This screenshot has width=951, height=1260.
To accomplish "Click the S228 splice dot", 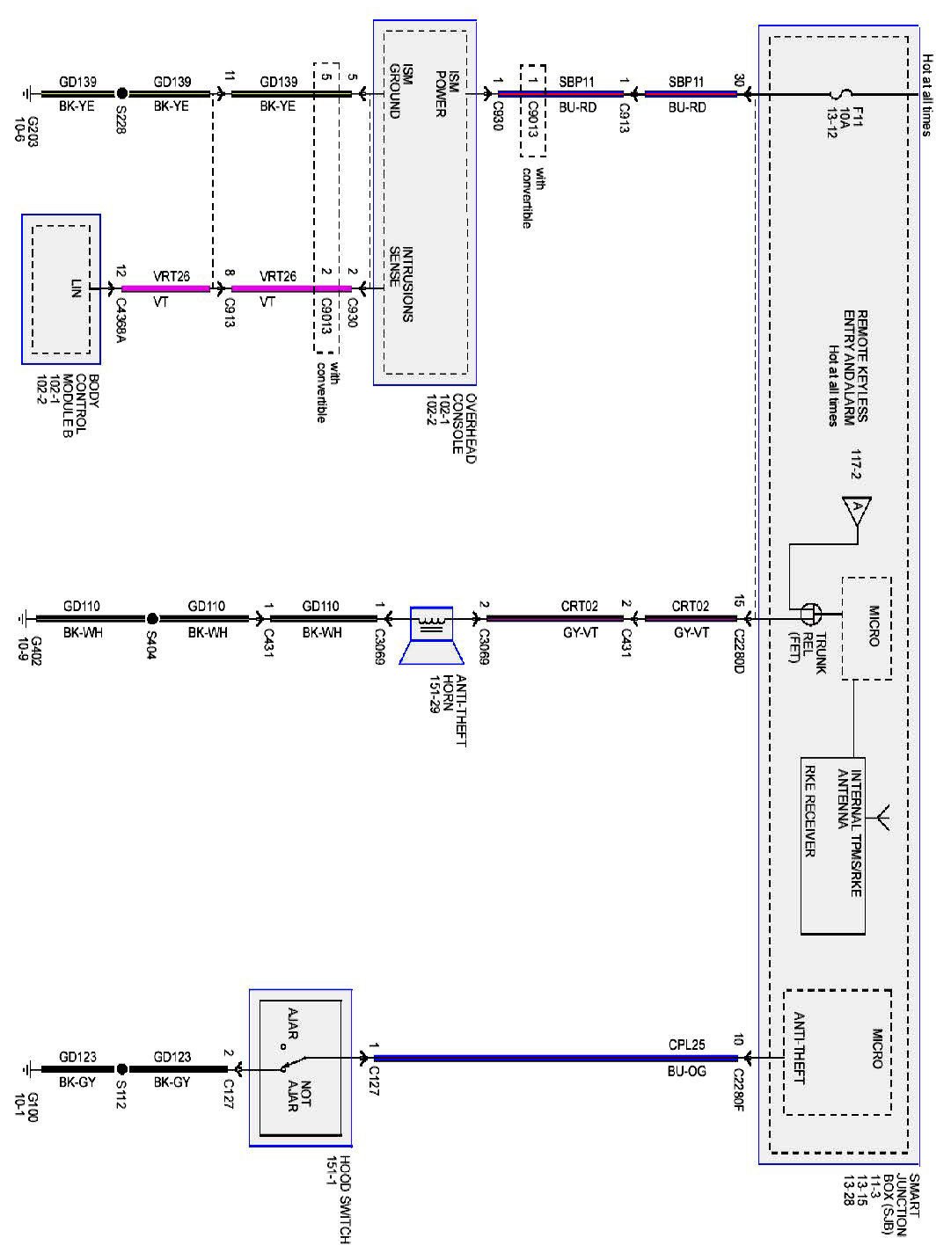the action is click(x=121, y=93).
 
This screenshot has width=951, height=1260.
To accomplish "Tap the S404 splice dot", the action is click(x=152, y=618).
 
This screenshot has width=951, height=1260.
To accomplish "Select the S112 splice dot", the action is click(x=121, y=1069).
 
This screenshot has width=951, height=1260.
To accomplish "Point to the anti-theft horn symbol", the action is click(x=431, y=634).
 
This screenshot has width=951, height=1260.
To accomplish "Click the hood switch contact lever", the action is click(x=295, y=1062).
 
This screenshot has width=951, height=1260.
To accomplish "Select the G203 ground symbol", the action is click(x=26, y=93).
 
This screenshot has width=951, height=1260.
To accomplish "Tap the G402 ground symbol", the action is click(x=22, y=618).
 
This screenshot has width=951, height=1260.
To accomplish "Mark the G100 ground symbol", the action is click(x=26, y=1069).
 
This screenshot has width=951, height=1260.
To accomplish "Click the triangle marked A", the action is click(x=857, y=509).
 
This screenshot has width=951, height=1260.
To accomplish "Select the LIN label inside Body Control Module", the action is click(x=76, y=288).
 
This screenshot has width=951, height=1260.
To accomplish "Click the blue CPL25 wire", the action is click(x=555, y=1058).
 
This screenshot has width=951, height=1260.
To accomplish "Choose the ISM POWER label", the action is click(x=448, y=93).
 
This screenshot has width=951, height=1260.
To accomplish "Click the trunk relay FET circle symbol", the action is click(x=811, y=615).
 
